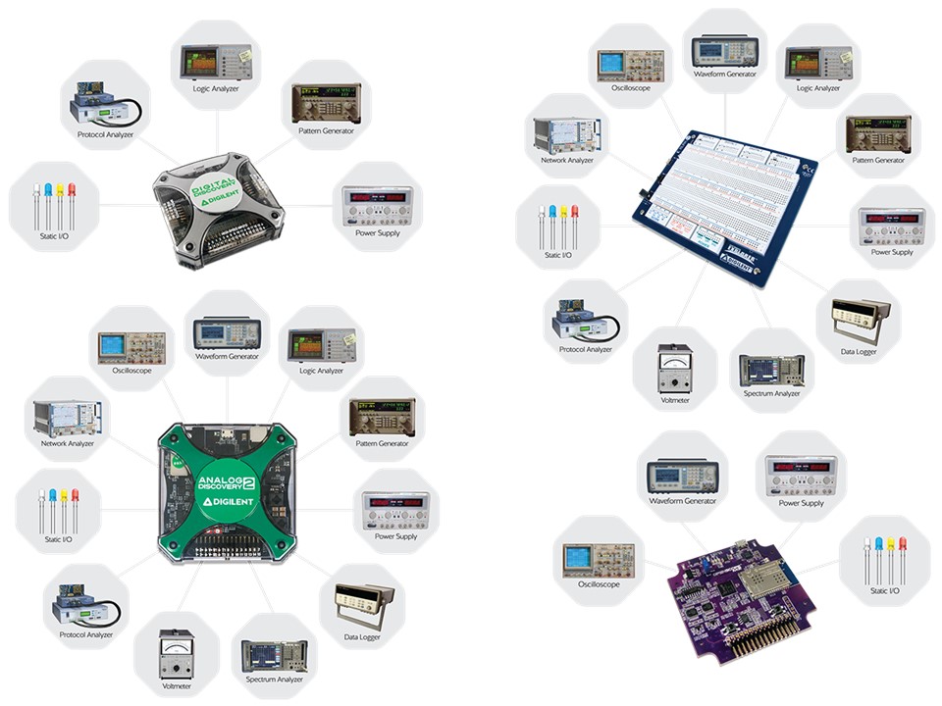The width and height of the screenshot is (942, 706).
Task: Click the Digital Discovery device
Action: (x=222, y=209)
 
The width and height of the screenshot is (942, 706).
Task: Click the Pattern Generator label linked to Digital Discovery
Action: (x=326, y=130)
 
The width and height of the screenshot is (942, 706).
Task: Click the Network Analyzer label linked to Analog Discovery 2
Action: (x=68, y=443)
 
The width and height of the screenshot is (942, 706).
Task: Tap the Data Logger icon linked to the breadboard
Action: (x=859, y=314)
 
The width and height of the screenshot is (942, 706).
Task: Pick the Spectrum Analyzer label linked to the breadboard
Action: (x=772, y=393)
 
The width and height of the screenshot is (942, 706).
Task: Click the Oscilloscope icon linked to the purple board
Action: (x=599, y=555)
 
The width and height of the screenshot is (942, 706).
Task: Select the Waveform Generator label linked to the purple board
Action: (x=682, y=501)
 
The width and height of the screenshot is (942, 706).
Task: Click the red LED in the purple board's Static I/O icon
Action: (x=903, y=549)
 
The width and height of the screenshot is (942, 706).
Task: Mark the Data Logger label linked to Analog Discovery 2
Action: (x=363, y=636)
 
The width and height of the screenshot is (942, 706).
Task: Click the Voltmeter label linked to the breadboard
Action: (x=674, y=399)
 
